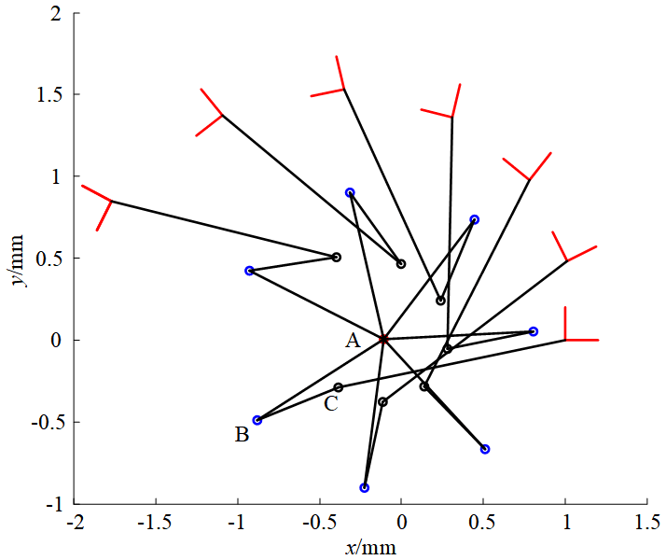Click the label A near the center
[353, 341]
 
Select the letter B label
[242, 435]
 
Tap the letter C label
[330, 404]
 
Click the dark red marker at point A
[383, 339]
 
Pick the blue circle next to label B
[257, 420]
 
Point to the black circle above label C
[339, 387]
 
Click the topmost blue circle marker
[350, 193]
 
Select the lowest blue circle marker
[365, 487]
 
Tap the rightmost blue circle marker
[534, 331]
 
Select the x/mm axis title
[370, 546]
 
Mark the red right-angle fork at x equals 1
[566, 339]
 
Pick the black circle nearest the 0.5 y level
[337, 257]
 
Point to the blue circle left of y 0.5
[249, 271]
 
